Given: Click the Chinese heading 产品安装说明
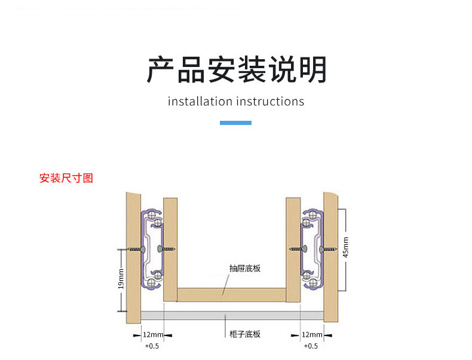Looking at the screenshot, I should pos(237,70).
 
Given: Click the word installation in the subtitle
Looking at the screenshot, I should pos(200,102).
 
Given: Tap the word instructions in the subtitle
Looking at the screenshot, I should pos(270,102).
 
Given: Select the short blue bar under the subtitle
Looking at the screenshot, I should pos(235,123).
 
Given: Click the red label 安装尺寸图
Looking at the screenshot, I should pos(66,178).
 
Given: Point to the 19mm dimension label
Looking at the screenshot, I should pos(121,279).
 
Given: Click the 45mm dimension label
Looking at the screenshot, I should pos(345,246).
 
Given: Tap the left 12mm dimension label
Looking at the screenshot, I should pos(153,334).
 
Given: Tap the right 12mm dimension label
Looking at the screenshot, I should pos(311,334).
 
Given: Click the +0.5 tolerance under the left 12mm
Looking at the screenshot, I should pos(152,346).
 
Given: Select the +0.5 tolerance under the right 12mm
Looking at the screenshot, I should pos(311,346).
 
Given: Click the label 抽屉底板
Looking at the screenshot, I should pos(245,269).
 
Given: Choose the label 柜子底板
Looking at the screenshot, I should pos(245,334).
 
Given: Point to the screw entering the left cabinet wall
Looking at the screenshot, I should pos(136,249).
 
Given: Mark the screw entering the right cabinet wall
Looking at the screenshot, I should pos(327,249).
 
